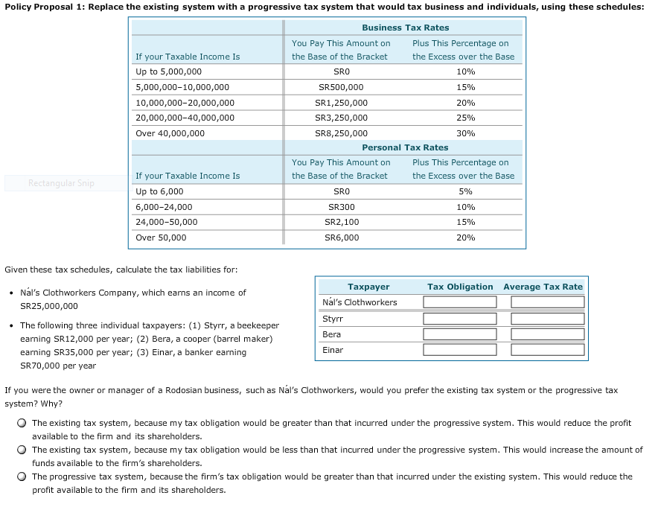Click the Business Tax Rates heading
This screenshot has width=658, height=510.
pos(405,28)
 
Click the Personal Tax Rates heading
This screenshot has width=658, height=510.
pos(405,147)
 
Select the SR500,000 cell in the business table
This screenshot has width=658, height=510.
pos(341,87)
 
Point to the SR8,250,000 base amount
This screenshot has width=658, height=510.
pos(341,133)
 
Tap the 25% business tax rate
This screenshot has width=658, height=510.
pos(465,118)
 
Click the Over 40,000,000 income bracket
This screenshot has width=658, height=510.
pos(170,133)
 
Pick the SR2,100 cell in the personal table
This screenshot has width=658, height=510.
pos(341,222)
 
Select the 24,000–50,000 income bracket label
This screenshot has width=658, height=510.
pos(166,222)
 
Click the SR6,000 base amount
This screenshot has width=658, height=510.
pos(341,238)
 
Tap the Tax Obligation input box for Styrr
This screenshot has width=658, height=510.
pos(459,319)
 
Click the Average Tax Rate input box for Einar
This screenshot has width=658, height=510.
pos(547,351)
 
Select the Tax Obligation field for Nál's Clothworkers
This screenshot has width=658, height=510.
pos(459,302)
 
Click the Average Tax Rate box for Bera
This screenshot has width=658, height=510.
pos(547,335)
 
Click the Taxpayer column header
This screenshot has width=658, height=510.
pos(368,287)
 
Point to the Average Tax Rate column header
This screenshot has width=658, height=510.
pos(543,287)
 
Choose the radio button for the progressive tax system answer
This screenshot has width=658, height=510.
pos(23,476)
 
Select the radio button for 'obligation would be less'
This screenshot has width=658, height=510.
pos(23,450)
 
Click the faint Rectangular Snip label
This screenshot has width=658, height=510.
pos(61,183)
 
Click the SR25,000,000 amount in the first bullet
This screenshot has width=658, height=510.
pos(48,306)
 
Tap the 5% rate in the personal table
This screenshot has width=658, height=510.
pos(465,191)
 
